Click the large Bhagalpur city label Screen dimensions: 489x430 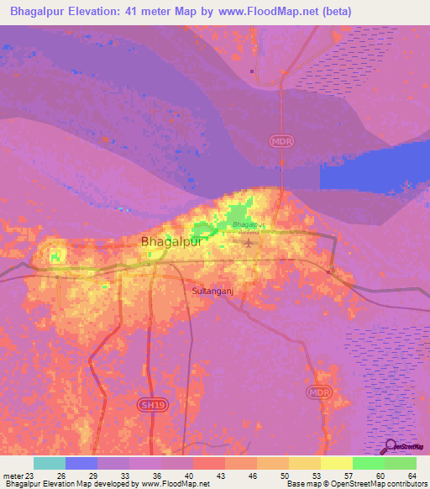click(171, 242)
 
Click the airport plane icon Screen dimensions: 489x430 click(249, 244)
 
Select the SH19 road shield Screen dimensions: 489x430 click(149, 405)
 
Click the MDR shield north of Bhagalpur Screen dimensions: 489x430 click(282, 141)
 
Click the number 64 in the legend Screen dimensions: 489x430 click(412, 476)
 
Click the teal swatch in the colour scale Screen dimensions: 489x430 click(50, 463)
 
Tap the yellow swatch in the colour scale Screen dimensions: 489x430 click(337, 463)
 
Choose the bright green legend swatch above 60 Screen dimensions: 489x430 click(369, 463)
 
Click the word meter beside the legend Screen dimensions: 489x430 click(13, 476)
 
